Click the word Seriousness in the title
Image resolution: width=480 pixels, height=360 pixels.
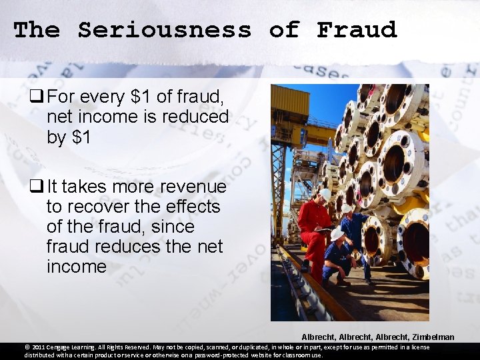pyautogui.click(x=165, y=30)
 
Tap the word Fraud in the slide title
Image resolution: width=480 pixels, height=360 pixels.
pyautogui.click(x=357, y=30)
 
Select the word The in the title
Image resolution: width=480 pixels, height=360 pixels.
pyautogui.click(x=37, y=30)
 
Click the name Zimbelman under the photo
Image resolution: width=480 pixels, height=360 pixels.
pyautogui.click(x=431, y=337)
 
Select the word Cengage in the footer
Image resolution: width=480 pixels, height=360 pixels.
pyautogui.click(x=64, y=347)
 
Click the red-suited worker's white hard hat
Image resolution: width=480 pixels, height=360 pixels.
pyautogui.click(x=325, y=194)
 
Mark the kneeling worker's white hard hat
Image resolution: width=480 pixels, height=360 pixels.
pyautogui.click(x=337, y=235)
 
